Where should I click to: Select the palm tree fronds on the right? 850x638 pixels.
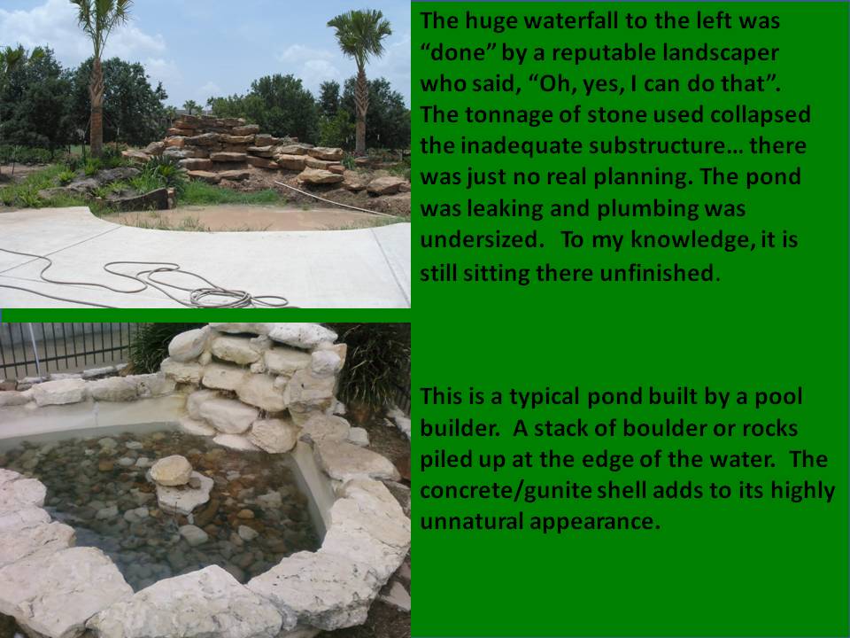pos(359,35)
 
